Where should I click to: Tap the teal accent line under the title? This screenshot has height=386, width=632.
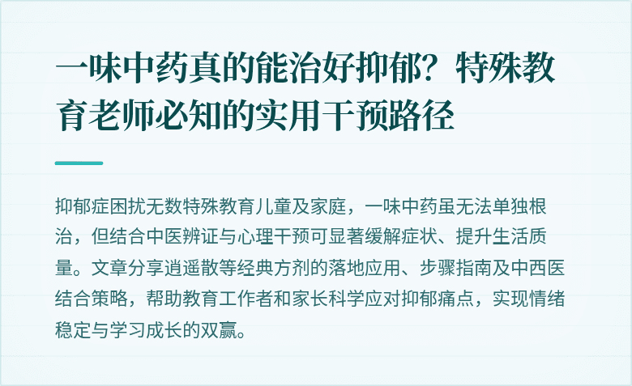click(79, 163)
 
